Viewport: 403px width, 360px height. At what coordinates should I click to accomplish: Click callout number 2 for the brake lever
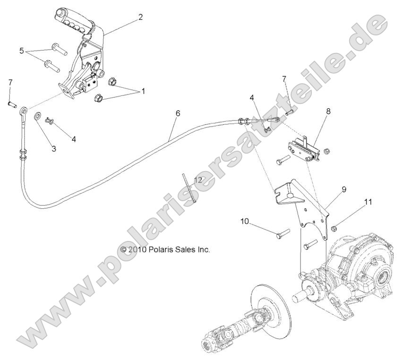tap(140, 17)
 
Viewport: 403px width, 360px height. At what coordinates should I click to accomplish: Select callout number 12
tap(197, 180)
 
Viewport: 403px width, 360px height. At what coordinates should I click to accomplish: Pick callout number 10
tap(244, 221)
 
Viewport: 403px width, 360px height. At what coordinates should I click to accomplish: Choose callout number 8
tap(328, 111)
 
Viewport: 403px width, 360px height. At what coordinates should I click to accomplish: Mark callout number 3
tap(54, 148)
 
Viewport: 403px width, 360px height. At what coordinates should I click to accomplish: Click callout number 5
tap(21, 50)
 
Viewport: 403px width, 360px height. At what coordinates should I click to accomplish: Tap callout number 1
tap(144, 91)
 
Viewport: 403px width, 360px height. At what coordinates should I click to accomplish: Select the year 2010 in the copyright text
tap(138, 249)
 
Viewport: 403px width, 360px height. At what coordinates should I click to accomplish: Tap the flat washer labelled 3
tap(37, 115)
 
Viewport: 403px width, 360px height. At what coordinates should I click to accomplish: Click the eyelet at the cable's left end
tap(23, 112)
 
